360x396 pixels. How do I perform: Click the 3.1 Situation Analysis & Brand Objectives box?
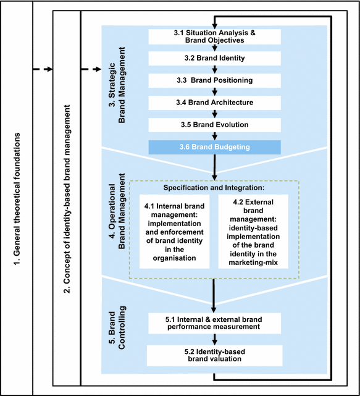(214, 36)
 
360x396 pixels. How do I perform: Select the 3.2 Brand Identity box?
(214, 59)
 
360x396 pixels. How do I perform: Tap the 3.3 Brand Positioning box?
(214, 80)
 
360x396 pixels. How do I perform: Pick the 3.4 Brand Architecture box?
(214, 102)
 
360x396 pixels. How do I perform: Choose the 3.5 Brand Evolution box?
(214, 124)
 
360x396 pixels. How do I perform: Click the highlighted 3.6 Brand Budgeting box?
(214, 147)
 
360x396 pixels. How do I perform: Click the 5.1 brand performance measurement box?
(214, 322)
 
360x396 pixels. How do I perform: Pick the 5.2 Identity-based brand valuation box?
(214, 355)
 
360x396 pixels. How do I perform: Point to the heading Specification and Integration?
(214, 187)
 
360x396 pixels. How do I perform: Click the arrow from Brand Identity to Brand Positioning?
(214, 69)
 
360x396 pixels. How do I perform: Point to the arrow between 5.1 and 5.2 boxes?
(214, 339)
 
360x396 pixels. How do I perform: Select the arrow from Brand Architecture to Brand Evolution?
(214, 113)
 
